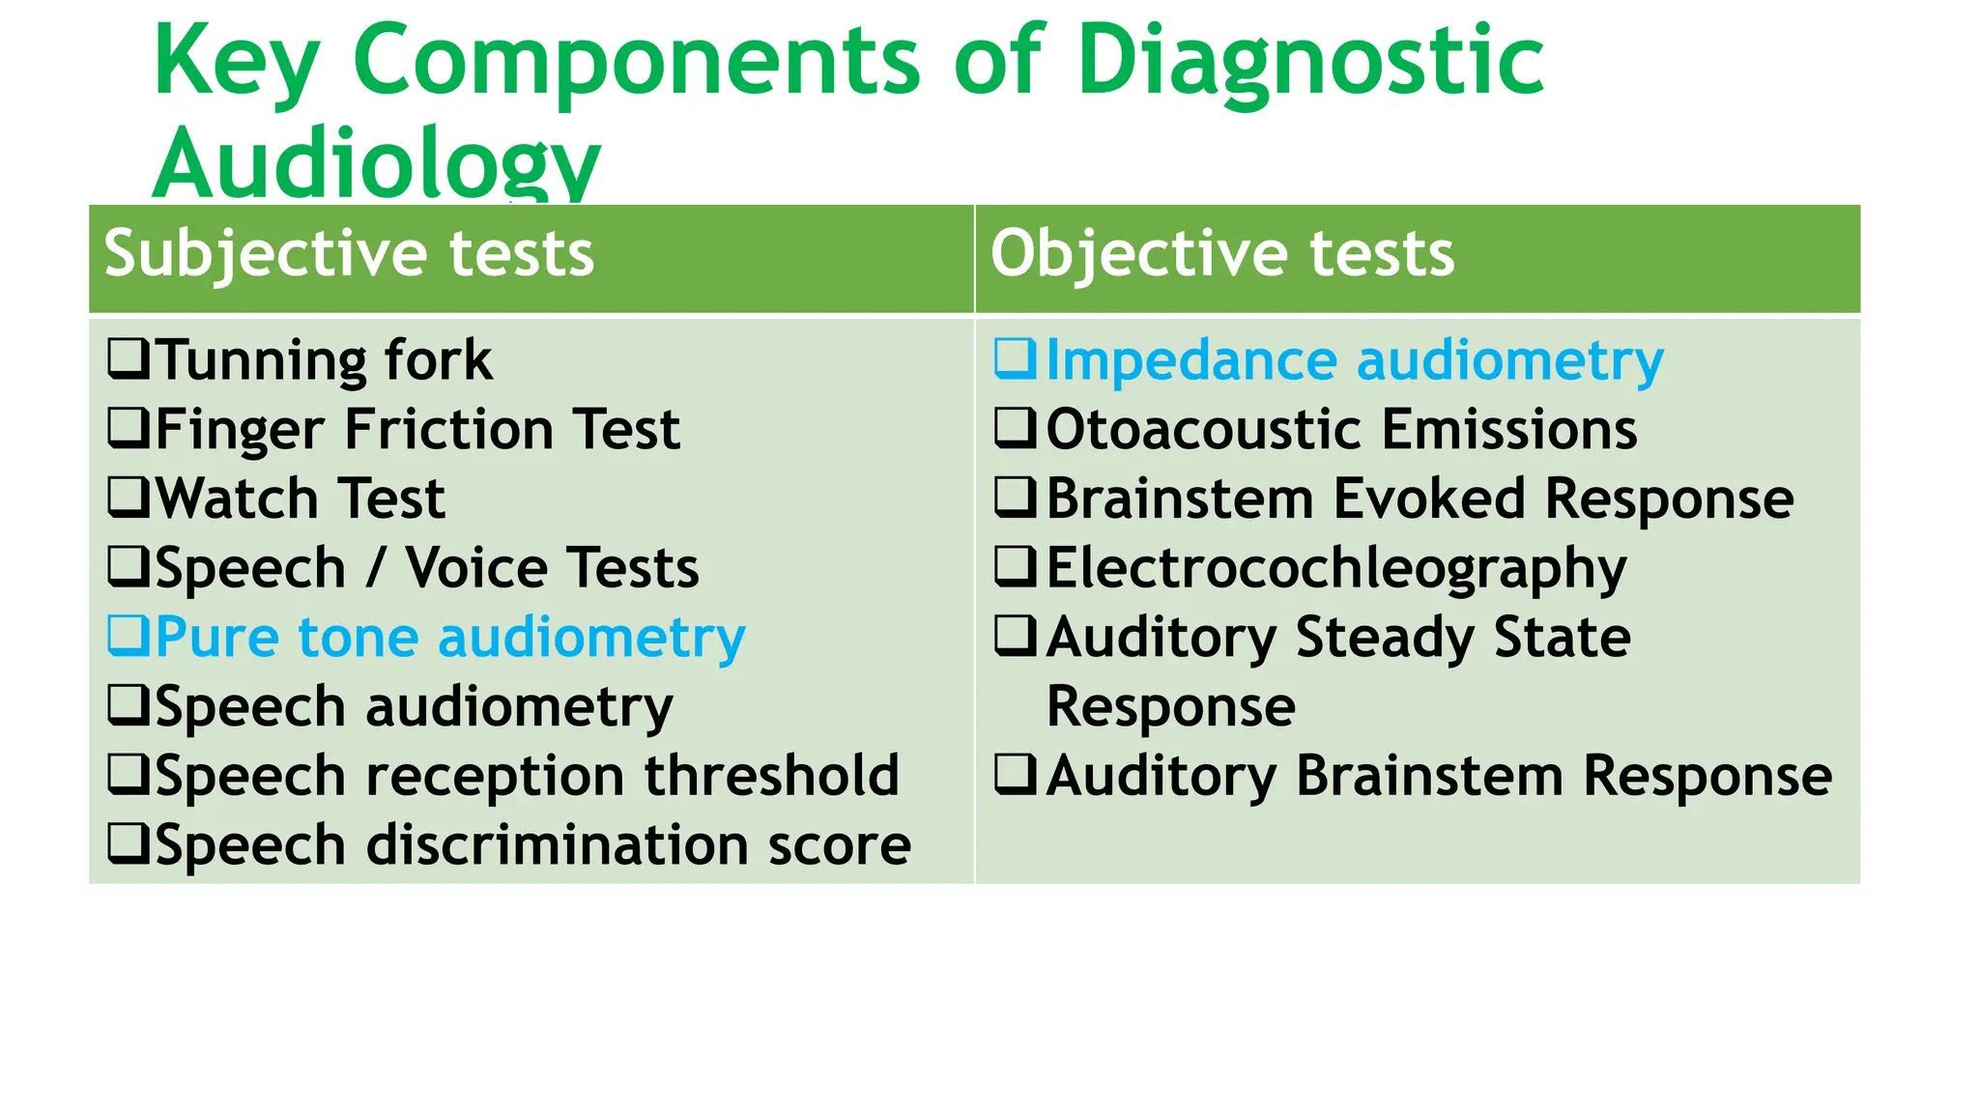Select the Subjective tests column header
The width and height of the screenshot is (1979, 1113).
coord(349,254)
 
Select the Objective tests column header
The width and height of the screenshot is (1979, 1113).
coord(1221,254)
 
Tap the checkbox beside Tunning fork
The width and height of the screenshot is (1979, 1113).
coord(128,358)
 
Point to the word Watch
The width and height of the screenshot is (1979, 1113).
coord(236,499)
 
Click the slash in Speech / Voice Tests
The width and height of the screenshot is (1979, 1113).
coord(375,568)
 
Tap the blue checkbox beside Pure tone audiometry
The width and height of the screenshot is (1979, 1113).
coord(128,636)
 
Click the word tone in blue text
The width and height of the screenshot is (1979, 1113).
coord(359,638)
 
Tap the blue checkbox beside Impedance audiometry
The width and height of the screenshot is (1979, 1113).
coord(1016,358)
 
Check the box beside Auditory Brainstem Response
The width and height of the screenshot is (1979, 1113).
coord(1016,775)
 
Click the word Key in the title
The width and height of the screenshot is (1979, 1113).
coord(236,63)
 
